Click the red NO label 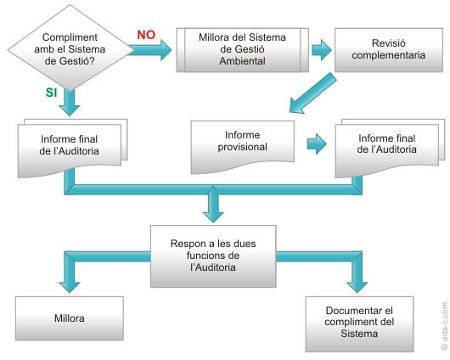pos(146,35)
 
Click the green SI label pos(52,93)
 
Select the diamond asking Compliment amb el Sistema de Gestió pos(70,48)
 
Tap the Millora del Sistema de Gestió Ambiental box pos(243,49)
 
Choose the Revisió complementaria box pos(389,49)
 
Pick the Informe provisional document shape pos(243,146)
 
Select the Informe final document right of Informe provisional pos(390,147)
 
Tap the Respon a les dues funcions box pos(213,256)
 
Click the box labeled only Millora pos(70,318)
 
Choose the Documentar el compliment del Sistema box pos(359,323)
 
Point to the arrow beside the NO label pos(149,50)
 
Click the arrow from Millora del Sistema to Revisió pos(322,50)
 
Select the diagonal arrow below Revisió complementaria pos(312,93)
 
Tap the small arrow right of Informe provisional pos(317,143)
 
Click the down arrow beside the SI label pos(70,102)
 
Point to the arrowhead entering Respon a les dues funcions pos(213,217)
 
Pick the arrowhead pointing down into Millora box pos(70,287)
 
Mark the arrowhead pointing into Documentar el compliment pos(357,287)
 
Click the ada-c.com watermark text pos(444,326)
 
